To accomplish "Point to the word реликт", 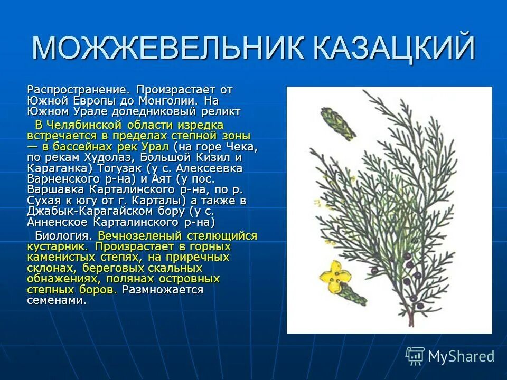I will point(222,111).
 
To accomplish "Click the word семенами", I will point(56,300).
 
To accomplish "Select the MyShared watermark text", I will point(461,356).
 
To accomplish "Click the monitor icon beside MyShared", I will point(415,356).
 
